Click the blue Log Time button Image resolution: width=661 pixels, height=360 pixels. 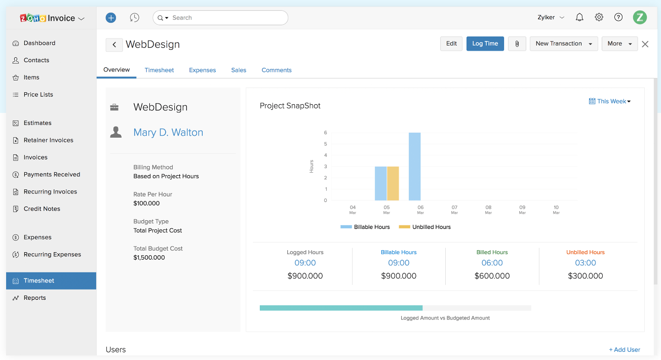point(485,44)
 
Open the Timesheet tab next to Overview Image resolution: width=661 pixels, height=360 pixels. point(159,70)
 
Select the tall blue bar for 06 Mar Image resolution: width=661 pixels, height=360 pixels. point(414,167)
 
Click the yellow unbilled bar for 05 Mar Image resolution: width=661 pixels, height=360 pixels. point(393,183)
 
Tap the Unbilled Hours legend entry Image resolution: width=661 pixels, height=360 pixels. point(425,227)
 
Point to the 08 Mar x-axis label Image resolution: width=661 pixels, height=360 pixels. point(488,209)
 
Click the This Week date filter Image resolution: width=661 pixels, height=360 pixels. point(610,101)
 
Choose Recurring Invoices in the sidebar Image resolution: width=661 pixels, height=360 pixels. point(50,192)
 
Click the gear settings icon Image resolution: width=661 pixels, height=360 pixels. point(599,17)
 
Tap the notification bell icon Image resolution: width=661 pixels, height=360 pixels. point(579,17)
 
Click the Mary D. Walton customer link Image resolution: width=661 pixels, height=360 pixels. point(168,133)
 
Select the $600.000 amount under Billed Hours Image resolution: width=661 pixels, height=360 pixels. point(492,276)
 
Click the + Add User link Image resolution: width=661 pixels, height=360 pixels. point(624,349)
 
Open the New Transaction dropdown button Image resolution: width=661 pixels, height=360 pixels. point(563,44)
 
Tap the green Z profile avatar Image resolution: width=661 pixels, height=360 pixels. point(640,17)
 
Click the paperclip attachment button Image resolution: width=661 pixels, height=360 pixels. point(517,44)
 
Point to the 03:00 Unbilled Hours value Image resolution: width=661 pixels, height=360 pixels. point(585,263)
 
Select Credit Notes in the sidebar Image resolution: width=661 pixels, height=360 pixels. point(42,209)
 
